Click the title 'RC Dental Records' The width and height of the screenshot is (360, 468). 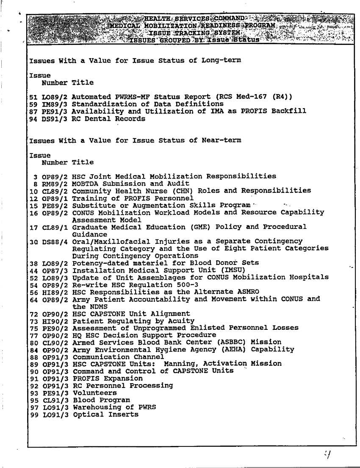[108, 119]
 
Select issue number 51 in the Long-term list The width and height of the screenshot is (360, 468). [32, 97]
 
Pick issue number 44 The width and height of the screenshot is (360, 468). [32, 270]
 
